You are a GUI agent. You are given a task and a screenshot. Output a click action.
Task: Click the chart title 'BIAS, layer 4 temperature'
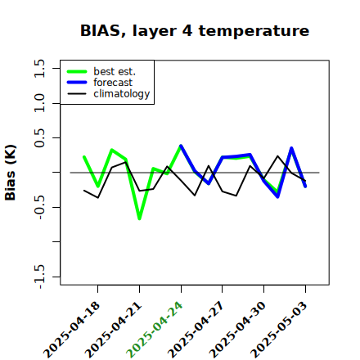[x=195, y=30]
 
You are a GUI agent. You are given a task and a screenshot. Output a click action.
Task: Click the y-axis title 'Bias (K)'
[x=11, y=173]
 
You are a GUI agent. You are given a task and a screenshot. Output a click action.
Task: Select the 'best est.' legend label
[x=115, y=71]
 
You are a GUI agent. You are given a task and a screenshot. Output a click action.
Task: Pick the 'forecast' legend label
[x=113, y=83]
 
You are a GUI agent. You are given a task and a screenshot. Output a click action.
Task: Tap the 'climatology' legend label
[x=122, y=94]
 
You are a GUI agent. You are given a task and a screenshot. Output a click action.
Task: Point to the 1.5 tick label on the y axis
[x=39, y=68]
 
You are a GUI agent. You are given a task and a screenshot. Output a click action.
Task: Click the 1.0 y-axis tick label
[x=39, y=103]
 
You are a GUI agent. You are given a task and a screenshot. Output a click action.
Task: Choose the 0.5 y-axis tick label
[x=39, y=138]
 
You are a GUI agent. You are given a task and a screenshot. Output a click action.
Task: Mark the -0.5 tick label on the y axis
[x=39, y=207]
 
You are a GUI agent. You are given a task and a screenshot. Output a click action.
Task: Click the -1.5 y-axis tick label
[x=39, y=277]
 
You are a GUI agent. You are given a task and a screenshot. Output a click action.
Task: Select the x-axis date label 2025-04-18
[x=72, y=330]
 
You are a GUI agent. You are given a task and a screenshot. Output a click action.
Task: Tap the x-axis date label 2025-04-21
[x=114, y=330]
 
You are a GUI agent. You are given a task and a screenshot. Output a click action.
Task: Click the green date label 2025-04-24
[x=155, y=330]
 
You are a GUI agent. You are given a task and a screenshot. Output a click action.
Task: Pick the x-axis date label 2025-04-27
[x=196, y=330]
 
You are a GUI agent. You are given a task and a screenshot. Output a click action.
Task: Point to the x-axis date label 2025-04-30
[x=237, y=330]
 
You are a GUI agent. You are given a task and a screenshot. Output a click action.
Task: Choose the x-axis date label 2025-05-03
[x=279, y=330]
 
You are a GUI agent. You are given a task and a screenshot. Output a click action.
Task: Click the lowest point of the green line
[x=139, y=218]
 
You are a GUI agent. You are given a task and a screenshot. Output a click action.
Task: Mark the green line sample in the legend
[x=77, y=71]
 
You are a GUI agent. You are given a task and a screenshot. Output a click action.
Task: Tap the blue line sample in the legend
[x=77, y=83]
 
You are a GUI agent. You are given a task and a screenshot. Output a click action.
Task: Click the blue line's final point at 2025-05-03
[x=305, y=187]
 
